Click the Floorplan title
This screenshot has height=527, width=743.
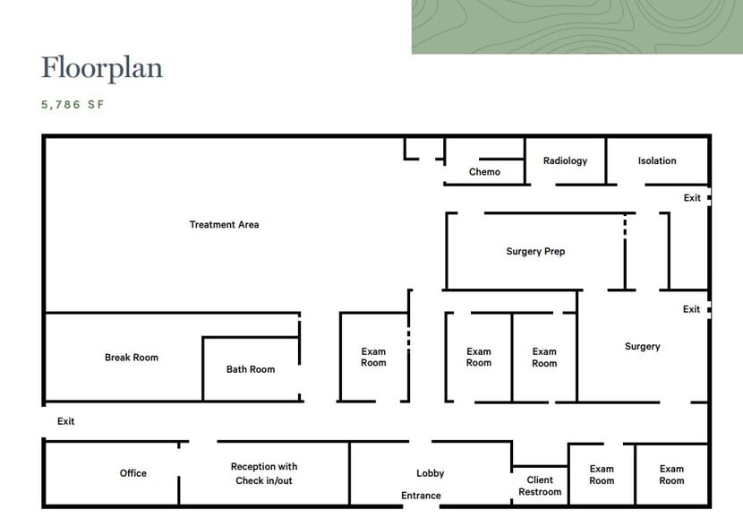coord(102,68)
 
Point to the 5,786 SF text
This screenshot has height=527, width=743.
coord(73,105)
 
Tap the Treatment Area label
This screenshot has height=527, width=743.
coord(224,224)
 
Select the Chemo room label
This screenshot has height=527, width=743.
coord(484,172)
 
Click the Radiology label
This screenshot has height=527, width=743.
coord(565,160)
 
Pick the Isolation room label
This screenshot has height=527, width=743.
coord(657,160)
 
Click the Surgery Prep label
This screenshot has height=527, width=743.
coord(535,252)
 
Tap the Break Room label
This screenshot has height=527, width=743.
coord(132,358)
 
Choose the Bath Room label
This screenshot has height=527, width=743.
coord(250,369)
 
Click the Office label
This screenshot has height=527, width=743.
coord(133,473)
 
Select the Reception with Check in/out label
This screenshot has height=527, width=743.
coord(264,473)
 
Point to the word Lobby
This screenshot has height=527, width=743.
coord(431,473)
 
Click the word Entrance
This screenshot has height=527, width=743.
coord(421,496)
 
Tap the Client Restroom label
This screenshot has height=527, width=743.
coord(540,486)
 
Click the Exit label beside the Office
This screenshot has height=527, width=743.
coord(66,421)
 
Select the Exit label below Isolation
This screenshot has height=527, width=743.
coord(692,198)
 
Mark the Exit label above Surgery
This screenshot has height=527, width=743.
coord(691,309)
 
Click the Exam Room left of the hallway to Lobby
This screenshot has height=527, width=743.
coord(373,358)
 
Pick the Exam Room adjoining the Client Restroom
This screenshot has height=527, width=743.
coord(602,474)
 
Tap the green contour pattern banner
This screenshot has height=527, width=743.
coord(577,27)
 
